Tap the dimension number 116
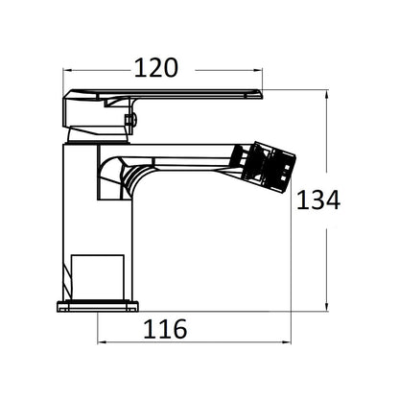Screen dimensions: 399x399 (x=165, y=329)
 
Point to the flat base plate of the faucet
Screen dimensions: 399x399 (x=98, y=306)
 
